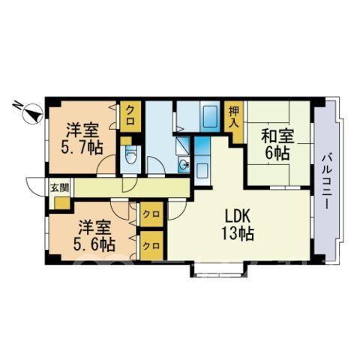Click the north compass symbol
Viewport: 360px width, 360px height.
point(33,114)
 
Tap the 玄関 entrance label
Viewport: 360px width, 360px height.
point(60,187)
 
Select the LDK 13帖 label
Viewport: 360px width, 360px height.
point(238,225)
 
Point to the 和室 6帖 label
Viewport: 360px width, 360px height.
point(277,145)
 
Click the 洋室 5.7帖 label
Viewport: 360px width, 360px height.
point(82,139)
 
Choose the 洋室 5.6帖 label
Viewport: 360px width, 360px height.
point(94,235)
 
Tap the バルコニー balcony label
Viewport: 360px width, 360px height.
point(325,181)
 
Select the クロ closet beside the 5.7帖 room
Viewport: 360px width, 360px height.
point(130,115)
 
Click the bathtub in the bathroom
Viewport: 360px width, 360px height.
point(210,117)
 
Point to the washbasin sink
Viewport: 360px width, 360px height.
point(184,165)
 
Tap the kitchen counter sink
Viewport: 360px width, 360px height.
point(202,171)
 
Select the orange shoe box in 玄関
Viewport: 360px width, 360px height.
point(62,203)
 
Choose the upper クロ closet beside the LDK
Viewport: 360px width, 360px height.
point(151,214)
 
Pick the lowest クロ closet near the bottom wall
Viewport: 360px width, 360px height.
point(151,246)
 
